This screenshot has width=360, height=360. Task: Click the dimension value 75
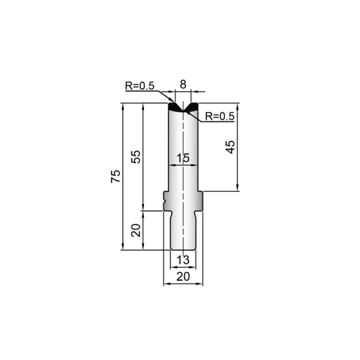[x=116, y=176]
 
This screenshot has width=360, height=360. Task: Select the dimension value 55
[x=136, y=157]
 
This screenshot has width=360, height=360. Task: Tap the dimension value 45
[x=230, y=147]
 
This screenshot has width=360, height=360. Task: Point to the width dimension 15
[x=183, y=158]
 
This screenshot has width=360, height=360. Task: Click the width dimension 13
[x=183, y=260]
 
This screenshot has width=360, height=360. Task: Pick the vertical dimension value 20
[x=136, y=230]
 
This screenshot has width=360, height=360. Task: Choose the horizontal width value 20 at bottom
[x=183, y=277]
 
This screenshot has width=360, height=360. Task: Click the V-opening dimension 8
[x=183, y=85]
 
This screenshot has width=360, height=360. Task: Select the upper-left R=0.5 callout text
[x=140, y=86]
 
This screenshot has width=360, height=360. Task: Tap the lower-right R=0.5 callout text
[x=220, y=116]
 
